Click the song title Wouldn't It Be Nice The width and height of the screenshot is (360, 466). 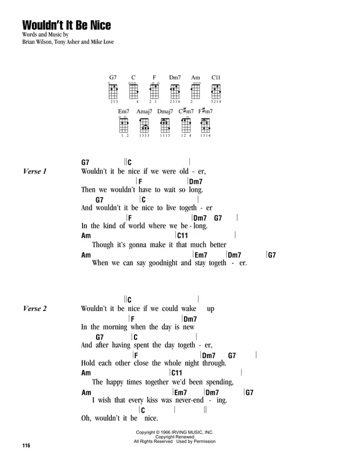[66, 25]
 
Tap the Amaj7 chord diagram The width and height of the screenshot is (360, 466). [144, 125]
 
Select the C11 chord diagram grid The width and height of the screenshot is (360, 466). [216, 91]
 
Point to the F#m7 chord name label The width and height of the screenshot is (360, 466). [206, 111]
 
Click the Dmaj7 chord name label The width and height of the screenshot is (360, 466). [165, 111]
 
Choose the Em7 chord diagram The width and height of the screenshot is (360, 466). [123, 125]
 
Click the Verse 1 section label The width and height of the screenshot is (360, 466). [35, 171]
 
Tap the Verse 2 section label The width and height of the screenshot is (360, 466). [35, 309]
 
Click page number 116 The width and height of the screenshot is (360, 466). [26, 445]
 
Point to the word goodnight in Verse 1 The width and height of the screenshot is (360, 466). [163, 263]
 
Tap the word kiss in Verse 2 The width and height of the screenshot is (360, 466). [152, 400]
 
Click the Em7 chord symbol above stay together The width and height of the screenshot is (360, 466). [200, 255]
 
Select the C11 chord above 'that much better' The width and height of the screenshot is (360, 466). [182, 236]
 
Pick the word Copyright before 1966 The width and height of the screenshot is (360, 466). [146, 432]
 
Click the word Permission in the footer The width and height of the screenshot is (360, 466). [204, 442]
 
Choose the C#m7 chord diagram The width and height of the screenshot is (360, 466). [186, 125]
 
